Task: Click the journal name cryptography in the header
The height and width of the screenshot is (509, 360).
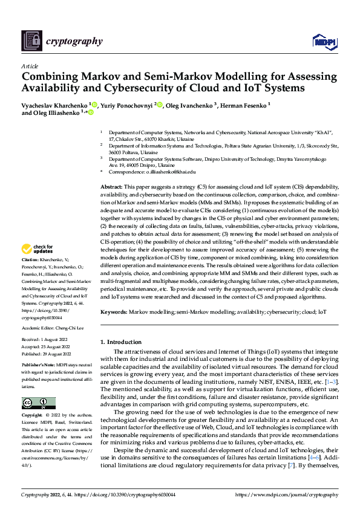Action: (x=74, y=41)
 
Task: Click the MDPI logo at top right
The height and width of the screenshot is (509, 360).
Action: (x=324, y=41)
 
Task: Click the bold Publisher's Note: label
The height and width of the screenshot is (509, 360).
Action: (x=38, y=366)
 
